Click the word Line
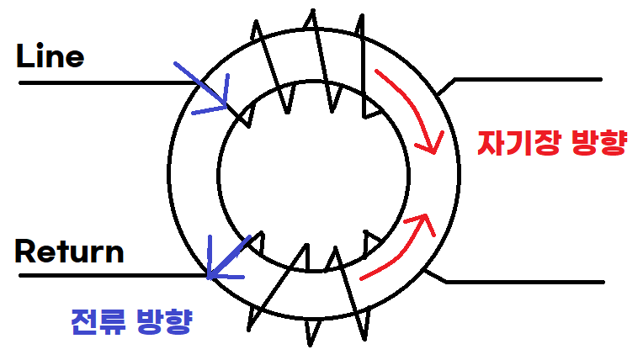[x=50, y=57]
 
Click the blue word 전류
[x=93, y=321]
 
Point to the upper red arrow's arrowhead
[x=434, y=148]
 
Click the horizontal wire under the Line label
[x=101, y=83]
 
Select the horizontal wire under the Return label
[x=109, y=274]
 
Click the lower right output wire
[x=526, y=281]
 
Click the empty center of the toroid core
[x=313, y=177]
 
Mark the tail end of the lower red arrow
[x=362, y=278]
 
